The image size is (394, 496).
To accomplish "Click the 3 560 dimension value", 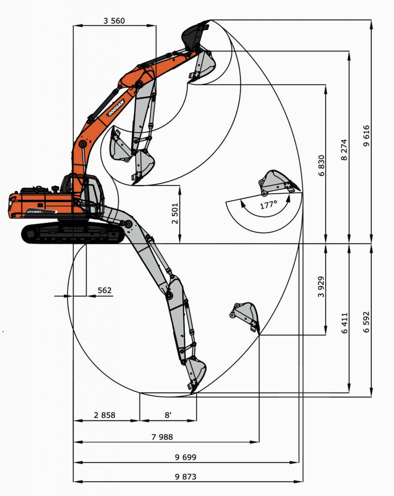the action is (114, 21).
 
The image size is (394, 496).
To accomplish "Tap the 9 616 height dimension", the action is (366, 136).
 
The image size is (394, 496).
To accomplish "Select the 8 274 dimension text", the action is (344, 150).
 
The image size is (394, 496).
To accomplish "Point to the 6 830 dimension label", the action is (321, 166).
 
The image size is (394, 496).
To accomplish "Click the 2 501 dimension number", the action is (175, 214).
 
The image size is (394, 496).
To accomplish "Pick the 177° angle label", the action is (268, 205).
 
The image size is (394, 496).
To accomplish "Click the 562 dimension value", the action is (104, 291).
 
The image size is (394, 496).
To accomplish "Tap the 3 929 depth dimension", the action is (321, 287).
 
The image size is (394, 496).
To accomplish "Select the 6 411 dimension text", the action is (344, 323).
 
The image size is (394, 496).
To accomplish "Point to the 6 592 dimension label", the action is (366, 322).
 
